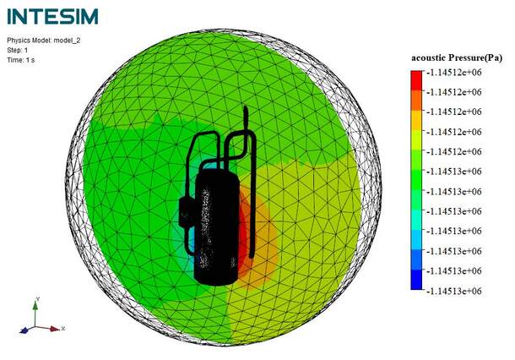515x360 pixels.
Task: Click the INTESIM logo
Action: pos(52,16)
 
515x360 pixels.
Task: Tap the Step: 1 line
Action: pos(18,51)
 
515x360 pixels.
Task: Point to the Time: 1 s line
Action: pos(21,60)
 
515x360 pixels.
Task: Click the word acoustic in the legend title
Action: pos(429,57)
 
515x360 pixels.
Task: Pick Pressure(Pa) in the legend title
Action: pos(475,58)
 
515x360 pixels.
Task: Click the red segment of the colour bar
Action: pos(416,80)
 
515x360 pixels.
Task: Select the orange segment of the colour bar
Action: pos(416,101)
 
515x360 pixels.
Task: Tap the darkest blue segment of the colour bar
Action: pos(416,280)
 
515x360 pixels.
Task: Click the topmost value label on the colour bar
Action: pos(454,73)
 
